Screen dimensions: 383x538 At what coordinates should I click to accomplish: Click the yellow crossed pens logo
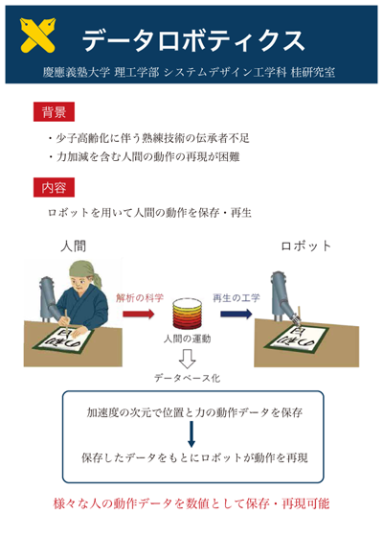click(x=37, y=35)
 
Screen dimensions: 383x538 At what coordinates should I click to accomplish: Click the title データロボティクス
click(x=192, y=40)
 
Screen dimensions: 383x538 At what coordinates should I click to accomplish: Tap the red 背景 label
click(x=54, y=112)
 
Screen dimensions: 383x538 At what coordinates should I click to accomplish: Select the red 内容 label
click(x=54, y=187)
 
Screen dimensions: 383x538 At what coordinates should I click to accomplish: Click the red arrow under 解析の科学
click(x=139, y=314)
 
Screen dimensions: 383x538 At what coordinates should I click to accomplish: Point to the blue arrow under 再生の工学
click(x=237, y=314)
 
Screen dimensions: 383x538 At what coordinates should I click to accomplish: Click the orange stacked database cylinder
click(x=188, y=314)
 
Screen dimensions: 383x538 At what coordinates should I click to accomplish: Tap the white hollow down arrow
click(x=188, y=359)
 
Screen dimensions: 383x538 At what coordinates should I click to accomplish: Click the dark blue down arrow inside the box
click(x=191, y=434)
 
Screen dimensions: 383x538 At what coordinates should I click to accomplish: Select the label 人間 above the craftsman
click(x=73, y=246)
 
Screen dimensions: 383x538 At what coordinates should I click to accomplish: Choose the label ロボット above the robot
click(x=305, y=246)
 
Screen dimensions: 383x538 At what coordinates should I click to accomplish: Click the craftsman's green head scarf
click(x=85, y=271)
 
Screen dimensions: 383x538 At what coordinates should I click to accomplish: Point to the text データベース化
click(x=187, y=378)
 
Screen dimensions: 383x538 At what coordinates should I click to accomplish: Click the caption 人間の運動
click(x=187, y=339)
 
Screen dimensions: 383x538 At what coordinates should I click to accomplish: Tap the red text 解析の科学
click(x=140, y=297)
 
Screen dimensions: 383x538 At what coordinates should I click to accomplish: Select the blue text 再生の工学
click(x=237, y=297)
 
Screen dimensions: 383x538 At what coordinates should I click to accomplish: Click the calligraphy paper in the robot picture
click(x=297, y=339)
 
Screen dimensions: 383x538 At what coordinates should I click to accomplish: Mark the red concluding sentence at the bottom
click(x=191, y=503)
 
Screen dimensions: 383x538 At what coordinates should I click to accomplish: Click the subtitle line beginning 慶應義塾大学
click(x=189, y=72)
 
